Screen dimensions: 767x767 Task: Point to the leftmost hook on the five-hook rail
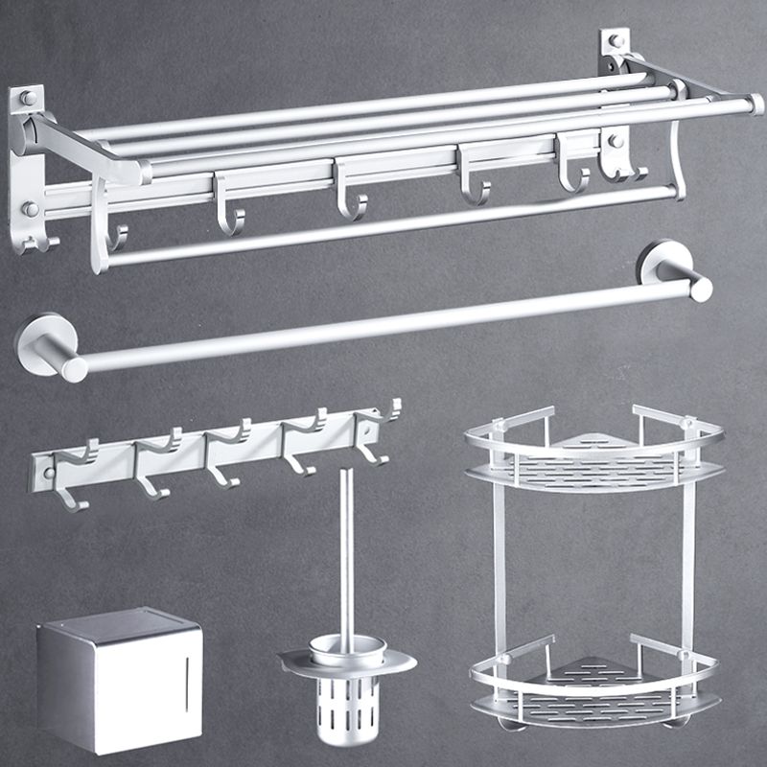click(x=71, y=484)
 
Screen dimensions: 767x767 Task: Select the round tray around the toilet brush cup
click(x=347, y=662)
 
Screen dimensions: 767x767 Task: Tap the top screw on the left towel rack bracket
click(x=28, y=99)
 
